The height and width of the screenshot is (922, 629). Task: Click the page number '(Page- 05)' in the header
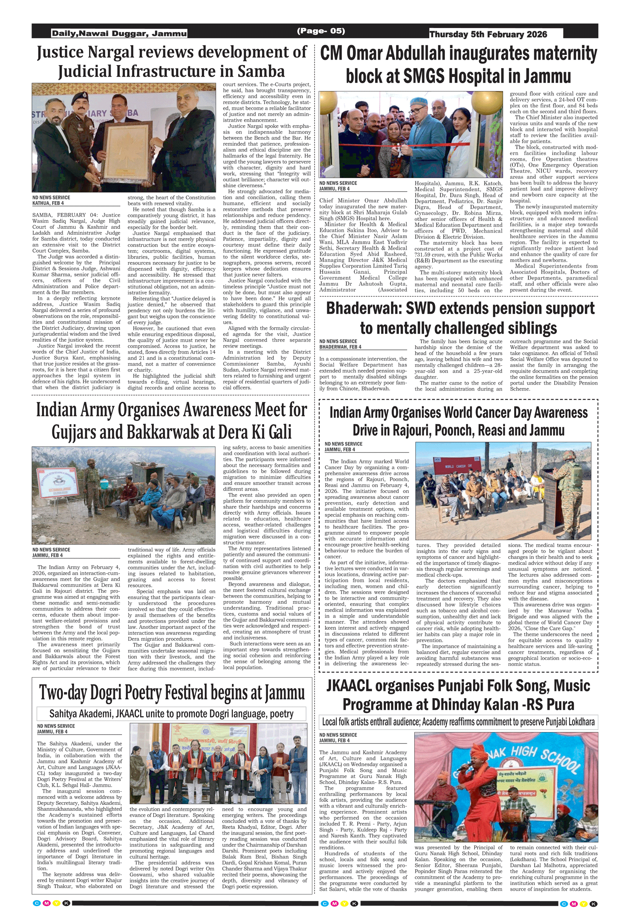coord(321,31)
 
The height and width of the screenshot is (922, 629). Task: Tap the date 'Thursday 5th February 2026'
coord(488,34)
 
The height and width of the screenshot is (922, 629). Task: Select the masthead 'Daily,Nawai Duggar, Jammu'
coord(119,34)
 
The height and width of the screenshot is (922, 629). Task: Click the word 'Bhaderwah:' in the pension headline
coord(363,309)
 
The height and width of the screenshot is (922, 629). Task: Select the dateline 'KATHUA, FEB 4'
coord(48,203)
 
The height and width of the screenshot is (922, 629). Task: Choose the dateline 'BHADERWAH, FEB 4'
coord(340,347)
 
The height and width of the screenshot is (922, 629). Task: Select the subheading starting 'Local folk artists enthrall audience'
coord(458,722)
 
